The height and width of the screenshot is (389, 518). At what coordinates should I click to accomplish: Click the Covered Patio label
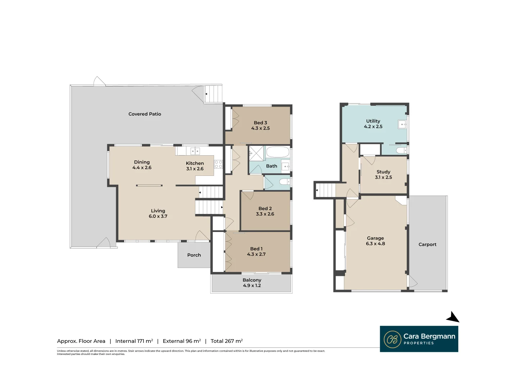145,114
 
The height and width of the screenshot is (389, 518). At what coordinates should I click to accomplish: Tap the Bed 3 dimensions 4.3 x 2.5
260,128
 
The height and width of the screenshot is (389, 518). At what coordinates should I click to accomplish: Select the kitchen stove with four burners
218,164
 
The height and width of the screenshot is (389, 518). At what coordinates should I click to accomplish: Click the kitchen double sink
195,151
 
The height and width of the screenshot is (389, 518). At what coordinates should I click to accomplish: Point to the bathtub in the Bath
277,152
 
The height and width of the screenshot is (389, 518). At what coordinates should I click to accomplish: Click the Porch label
194,255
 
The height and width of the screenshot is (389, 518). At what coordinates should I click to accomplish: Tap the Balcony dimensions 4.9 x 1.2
252,285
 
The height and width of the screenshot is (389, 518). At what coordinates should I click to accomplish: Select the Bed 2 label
265,208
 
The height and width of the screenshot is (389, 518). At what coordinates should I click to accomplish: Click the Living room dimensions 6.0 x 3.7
158,216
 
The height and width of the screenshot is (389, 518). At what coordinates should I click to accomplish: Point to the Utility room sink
402,124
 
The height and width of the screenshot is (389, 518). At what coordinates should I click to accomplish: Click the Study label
383,172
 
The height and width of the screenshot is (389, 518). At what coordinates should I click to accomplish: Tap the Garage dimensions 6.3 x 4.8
375,243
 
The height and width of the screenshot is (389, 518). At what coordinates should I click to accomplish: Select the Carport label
427,245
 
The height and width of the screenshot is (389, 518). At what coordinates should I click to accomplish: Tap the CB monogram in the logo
392,339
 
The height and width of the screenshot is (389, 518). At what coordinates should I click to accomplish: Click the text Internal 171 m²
134,341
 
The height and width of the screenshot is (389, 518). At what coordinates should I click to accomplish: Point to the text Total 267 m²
227,341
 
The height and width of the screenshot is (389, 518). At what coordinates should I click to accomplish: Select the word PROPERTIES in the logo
419,343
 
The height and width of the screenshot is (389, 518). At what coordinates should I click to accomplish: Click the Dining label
142,162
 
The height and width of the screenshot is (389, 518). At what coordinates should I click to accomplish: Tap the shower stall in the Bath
256,153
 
